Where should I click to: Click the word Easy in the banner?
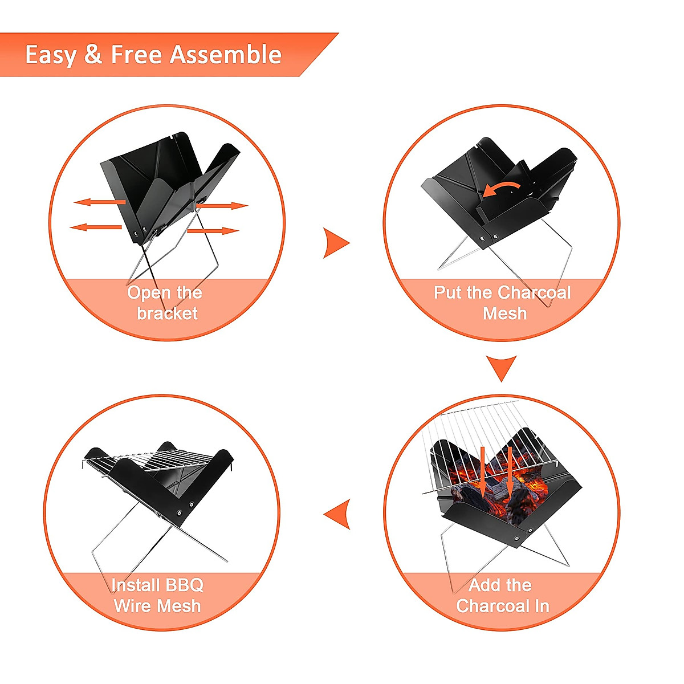(x=51, y=55)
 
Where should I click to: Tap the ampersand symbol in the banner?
(x=93, y=55)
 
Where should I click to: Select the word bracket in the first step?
(x=167, y=313)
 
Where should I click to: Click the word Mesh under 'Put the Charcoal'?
(x=504, y=313)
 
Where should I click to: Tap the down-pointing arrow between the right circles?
(x=502, y=368)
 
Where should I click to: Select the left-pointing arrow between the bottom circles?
(x=337, y=514)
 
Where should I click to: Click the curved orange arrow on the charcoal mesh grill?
(x=501, y=189)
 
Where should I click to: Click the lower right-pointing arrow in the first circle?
(x=213, y=231)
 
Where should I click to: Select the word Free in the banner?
(x=136, y=55)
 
